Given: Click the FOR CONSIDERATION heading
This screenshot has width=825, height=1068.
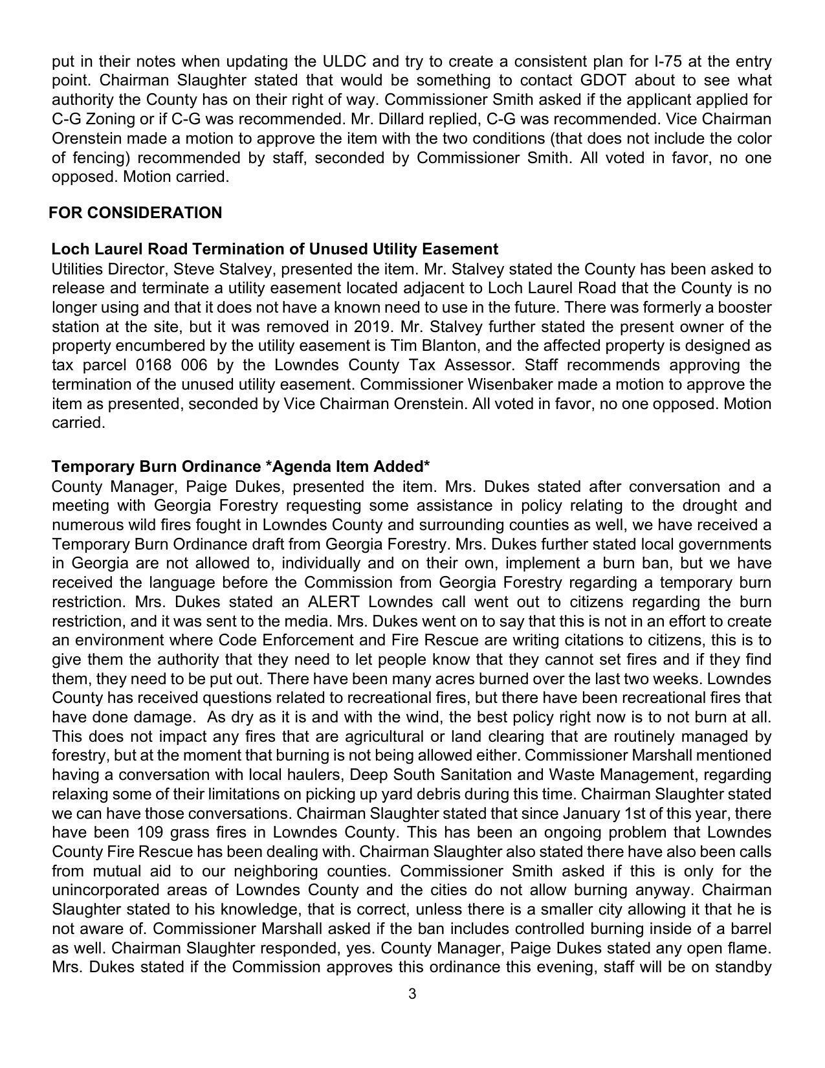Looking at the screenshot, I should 135,213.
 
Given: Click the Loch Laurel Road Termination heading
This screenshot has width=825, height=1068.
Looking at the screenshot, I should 274,249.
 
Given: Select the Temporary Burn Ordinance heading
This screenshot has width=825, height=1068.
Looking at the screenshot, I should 241,467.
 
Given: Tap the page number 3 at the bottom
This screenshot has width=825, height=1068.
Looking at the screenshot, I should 412,994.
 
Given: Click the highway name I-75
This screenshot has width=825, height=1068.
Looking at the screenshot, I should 668,61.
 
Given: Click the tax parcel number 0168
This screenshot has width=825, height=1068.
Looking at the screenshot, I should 155,365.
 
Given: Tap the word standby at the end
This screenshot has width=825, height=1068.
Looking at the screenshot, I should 742,968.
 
